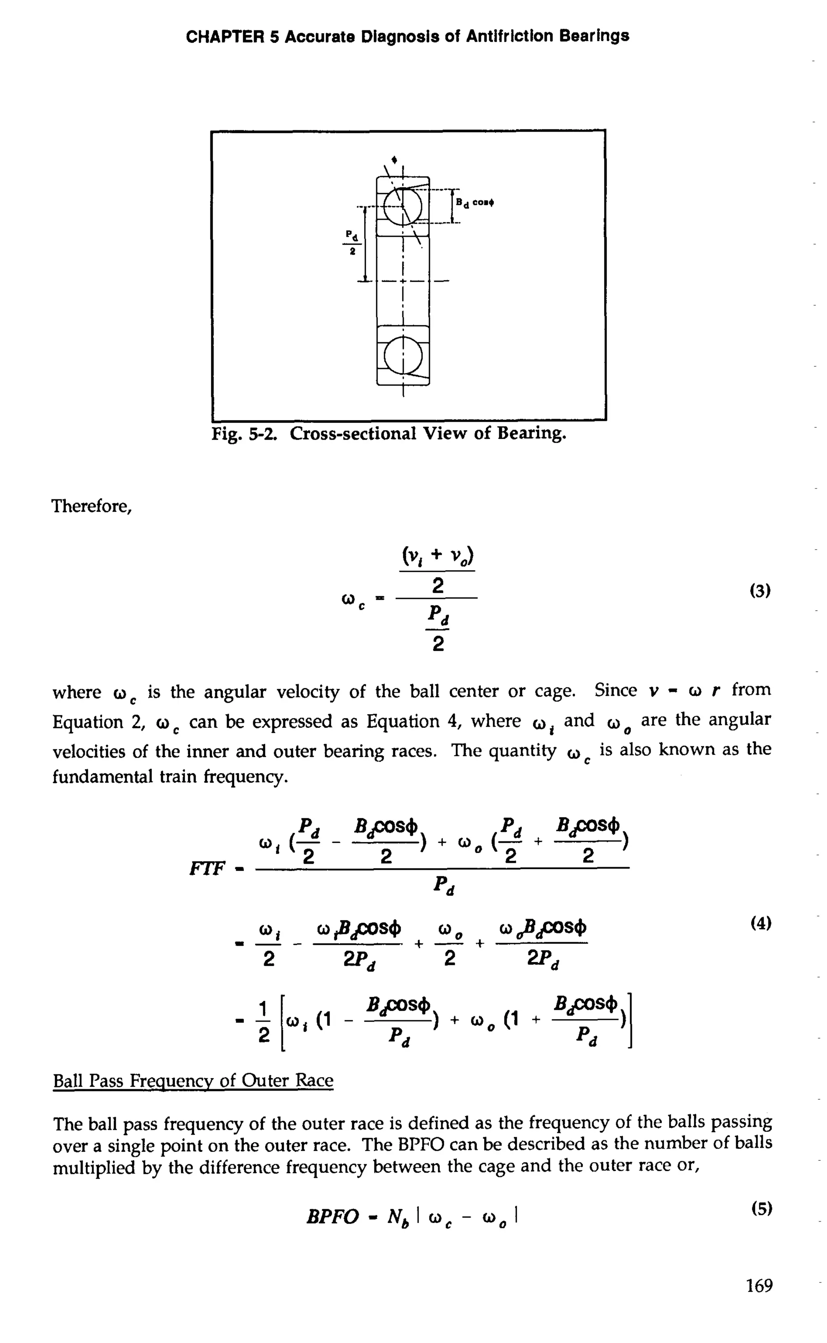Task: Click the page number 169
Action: (x=759, y=1284)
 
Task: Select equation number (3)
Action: (x=759, y=591)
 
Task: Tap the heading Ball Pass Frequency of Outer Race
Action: (x=193, y=1080)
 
